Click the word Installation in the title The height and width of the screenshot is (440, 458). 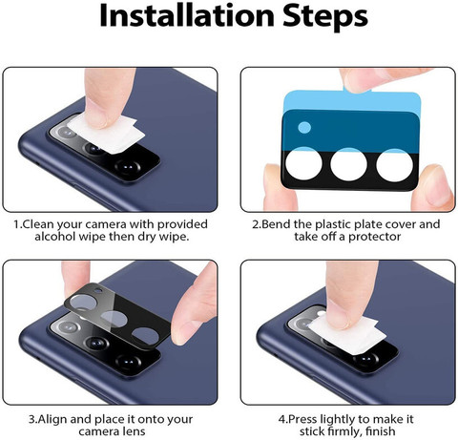pos(186,15)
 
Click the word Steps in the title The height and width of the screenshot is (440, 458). pos(325,16)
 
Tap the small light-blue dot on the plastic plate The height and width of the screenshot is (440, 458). pos(304,127)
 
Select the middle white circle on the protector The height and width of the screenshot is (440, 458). pos(348,164)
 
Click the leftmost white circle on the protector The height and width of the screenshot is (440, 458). pos(303,163)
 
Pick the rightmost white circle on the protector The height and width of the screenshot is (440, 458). pos(395,165)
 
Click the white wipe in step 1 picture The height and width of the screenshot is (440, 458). pos(108,134)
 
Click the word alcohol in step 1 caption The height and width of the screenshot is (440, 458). pos(54,237)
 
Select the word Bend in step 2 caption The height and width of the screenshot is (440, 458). pos(276,224)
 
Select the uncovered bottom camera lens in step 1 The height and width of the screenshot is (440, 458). pos(128,166)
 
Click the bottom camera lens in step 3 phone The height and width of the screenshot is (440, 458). pos(128,362)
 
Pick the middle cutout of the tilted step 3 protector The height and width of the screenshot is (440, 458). pos(113,319)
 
